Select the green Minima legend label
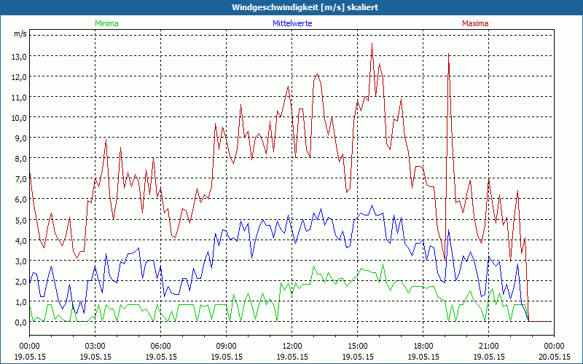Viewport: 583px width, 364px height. tap(106, 23)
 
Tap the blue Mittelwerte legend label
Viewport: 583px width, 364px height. tap(292, 23)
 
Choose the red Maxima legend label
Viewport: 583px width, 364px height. tap(475, 23)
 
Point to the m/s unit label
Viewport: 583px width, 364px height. tap(20, 33)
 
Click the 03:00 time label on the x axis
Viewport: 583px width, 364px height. tap(95, 346)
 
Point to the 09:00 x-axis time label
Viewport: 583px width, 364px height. tap(226, 346)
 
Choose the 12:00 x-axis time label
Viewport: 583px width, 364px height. tap(291, 346)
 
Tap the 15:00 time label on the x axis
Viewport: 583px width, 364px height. tap(357, 346)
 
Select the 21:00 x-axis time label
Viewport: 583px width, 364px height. tap(488, 346)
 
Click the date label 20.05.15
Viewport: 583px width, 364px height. tap(554, 357)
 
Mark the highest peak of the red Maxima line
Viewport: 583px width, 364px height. tap(372, 44)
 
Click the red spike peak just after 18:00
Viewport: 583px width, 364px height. tap(448, 55)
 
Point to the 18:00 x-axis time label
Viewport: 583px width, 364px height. tap(423, 346)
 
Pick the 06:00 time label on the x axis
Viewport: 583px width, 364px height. tap(160, 346)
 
